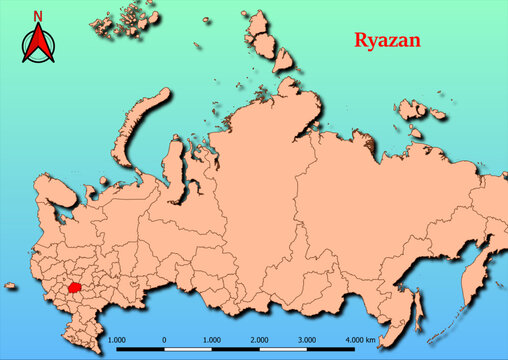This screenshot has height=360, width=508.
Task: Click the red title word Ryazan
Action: click(x=387, y=41)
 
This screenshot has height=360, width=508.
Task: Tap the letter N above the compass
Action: click(x=38, y=16)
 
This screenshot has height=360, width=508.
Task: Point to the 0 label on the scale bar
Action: click(x=164, y=340)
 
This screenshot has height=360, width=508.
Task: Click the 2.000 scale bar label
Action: click(x=259, y=340)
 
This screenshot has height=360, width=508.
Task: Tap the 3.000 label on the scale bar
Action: click(x=306, y=340)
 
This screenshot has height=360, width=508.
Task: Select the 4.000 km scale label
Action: click(x=357, y=340)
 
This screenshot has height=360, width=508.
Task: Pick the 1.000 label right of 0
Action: click(x=211, y=340)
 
